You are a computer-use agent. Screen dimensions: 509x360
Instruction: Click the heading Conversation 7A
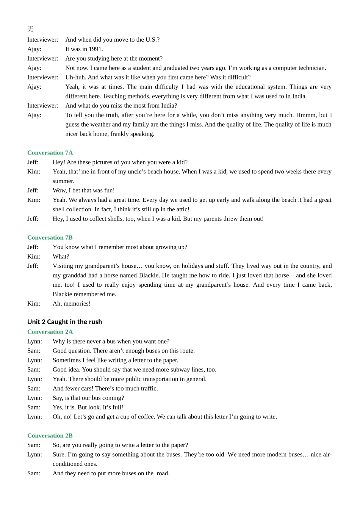[50, 153]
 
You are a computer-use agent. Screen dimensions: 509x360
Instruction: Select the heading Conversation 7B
[50, 237]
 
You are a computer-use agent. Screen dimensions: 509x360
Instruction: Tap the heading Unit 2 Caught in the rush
[64, 322]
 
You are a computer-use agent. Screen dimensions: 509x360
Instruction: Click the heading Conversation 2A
[50, 332]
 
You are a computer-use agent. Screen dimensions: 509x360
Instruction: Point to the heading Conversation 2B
[50, 436]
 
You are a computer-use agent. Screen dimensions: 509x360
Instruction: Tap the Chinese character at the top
[30, 29]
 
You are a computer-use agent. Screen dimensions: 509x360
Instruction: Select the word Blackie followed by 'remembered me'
[63, 294]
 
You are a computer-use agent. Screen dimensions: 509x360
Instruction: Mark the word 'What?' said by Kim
[61, 256]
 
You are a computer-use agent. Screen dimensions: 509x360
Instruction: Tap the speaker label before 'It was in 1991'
[34, 49]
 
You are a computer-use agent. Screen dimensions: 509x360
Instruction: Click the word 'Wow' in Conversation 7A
[59, 190]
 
